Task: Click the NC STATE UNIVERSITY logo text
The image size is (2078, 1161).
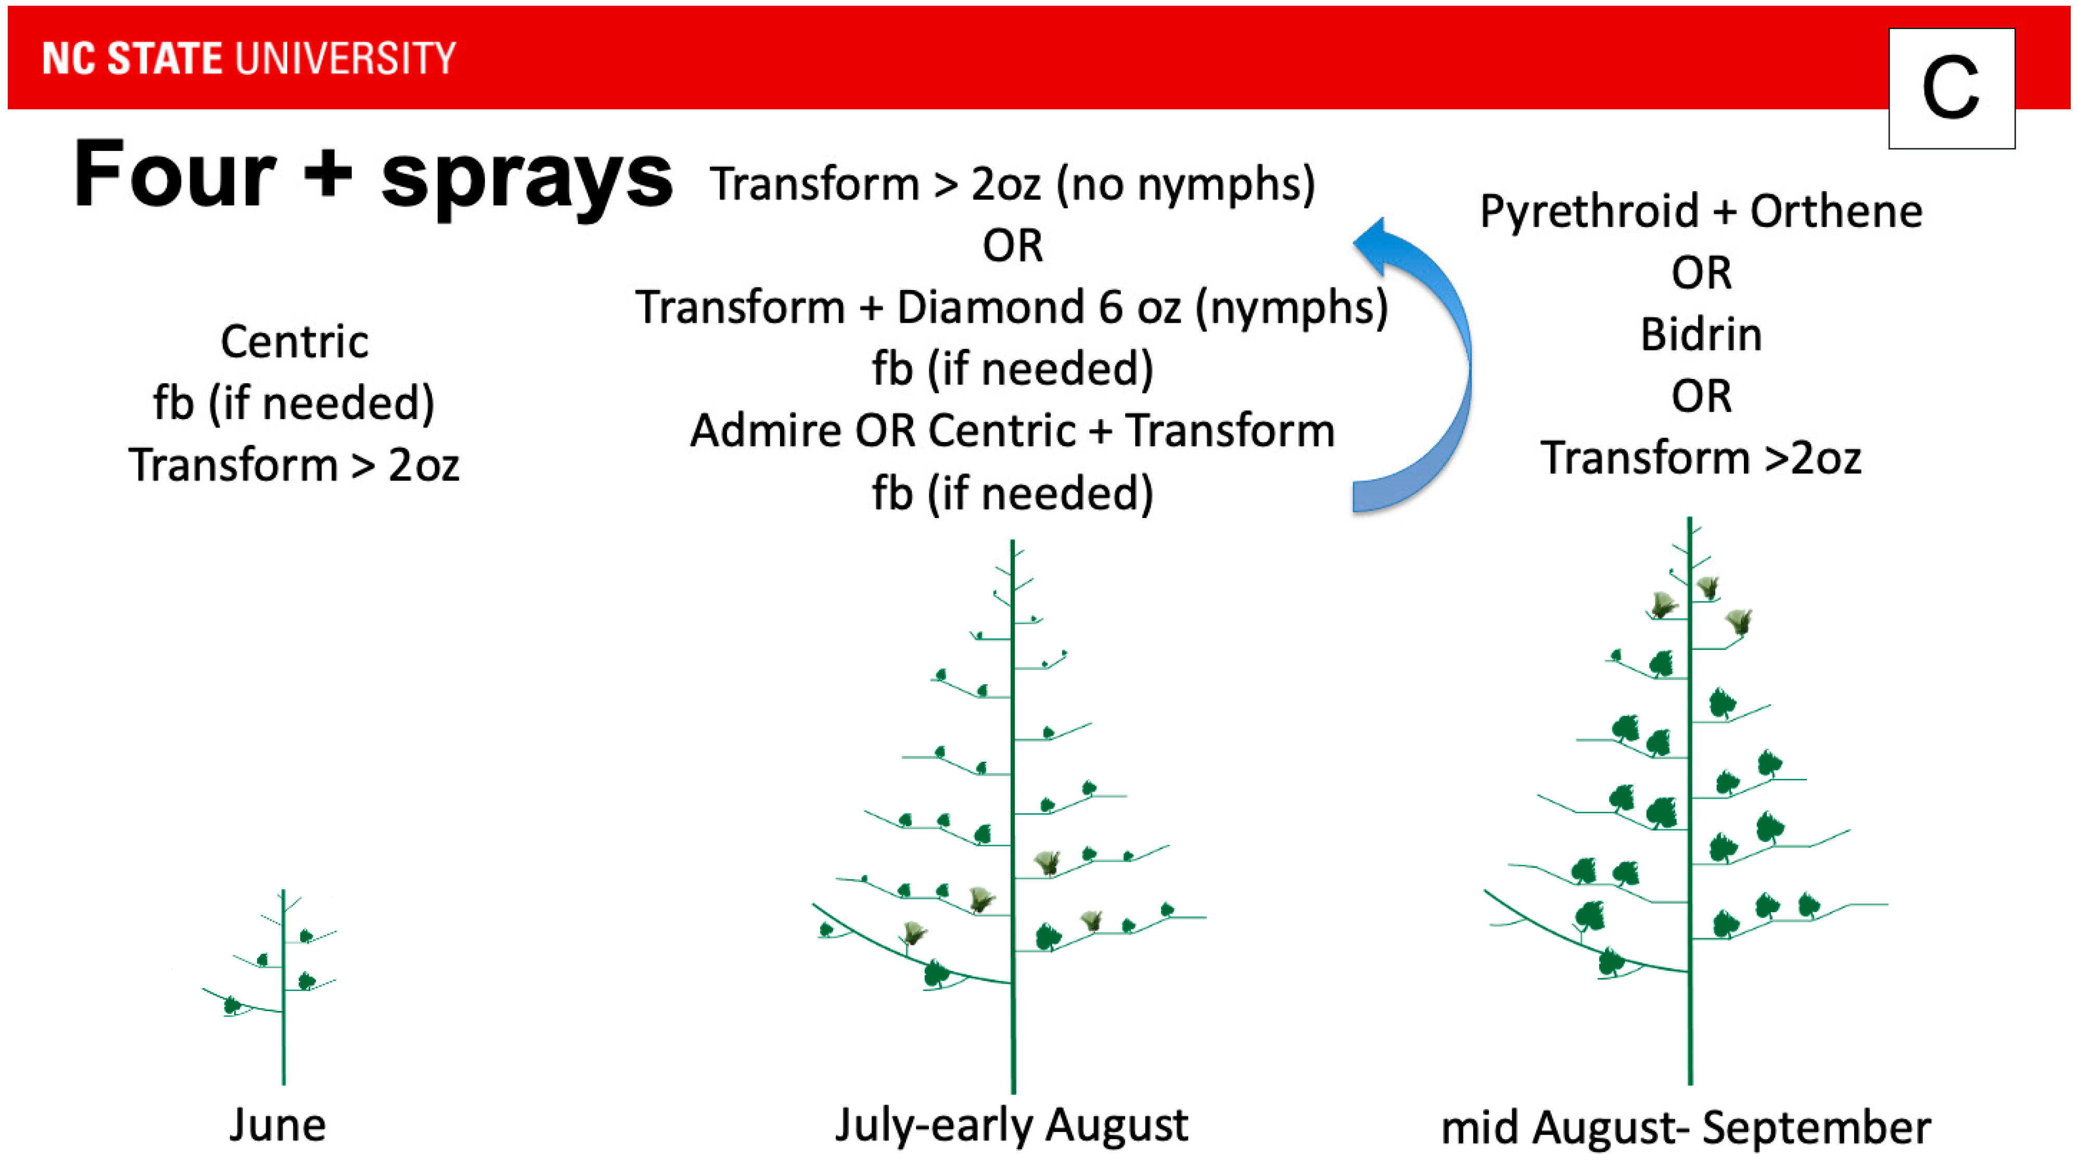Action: pyautogui.click(x=249, y=58)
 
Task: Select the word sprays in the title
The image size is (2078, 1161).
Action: pyautogui.click(x=527, y=179)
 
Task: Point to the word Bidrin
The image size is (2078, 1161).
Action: pyautogui.click(x=1701, y=334)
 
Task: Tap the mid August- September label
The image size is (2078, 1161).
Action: pyautogui.click(x=1686, y=1127)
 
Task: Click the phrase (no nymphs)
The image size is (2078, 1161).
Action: pyautogui.click(x=1186, y=185)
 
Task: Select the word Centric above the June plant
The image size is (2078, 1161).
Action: pyautogui.click(x=295, y=342)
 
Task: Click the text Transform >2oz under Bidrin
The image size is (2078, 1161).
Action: pyautogui.click(x=1701, y=458)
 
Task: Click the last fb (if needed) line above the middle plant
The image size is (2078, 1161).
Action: pyautogui.click(x=1012, y=494)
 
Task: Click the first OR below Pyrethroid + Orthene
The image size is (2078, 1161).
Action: pyautogui.click(x=1701, y=273)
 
